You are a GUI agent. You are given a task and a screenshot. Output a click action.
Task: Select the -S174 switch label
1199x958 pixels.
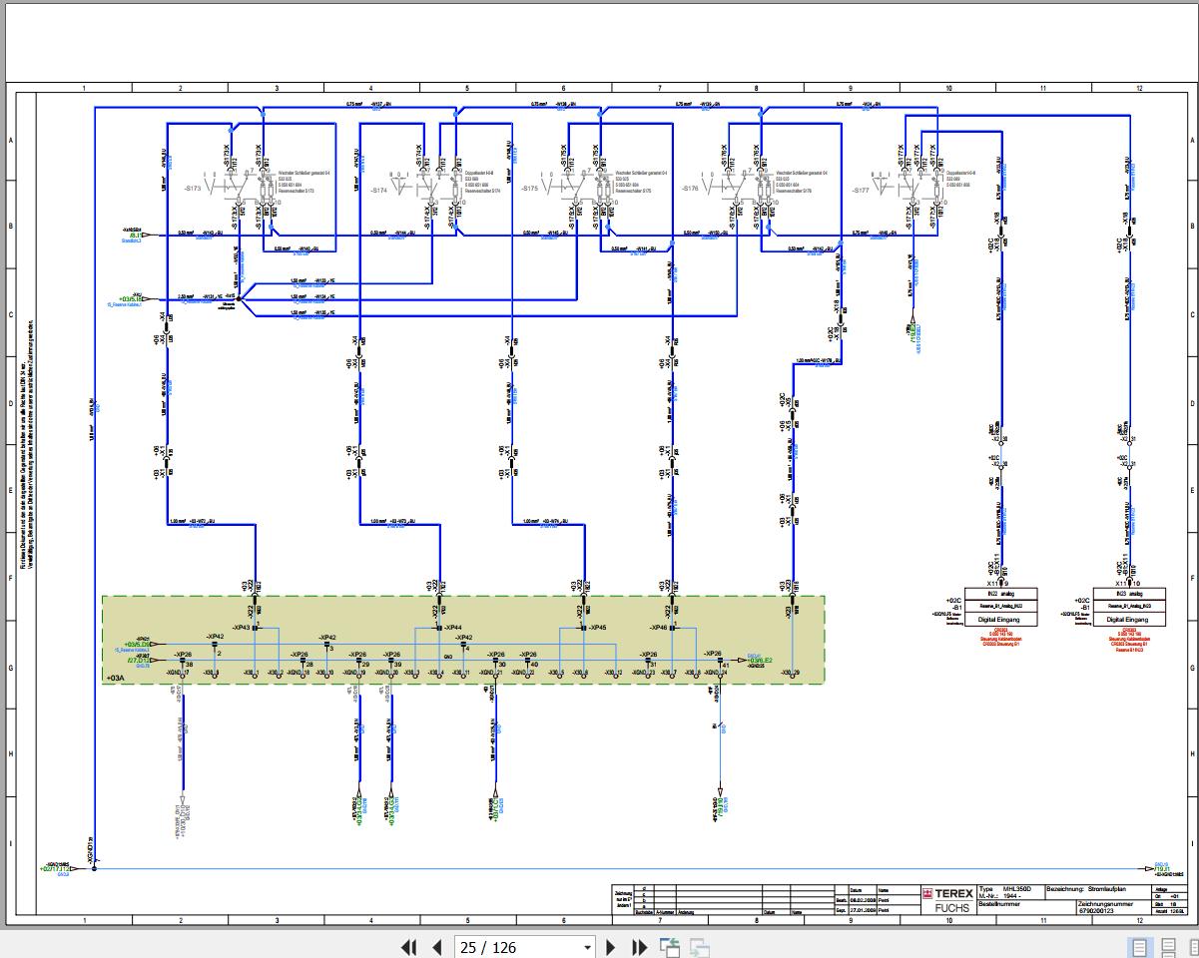[377, 190]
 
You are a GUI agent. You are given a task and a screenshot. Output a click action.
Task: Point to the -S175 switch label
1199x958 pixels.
[529, 189]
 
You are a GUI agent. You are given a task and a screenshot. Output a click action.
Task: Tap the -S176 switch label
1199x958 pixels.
[690, 189]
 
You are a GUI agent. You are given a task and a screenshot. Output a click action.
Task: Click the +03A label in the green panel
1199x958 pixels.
[115, 678]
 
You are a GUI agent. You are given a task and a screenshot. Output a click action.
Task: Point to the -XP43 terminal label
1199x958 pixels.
[240, 627]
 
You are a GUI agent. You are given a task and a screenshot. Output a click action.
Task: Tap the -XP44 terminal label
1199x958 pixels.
[453, 627]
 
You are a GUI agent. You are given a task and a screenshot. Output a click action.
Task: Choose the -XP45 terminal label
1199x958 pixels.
[597, 627]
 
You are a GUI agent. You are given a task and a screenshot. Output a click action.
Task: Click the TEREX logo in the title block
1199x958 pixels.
[939, 894]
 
